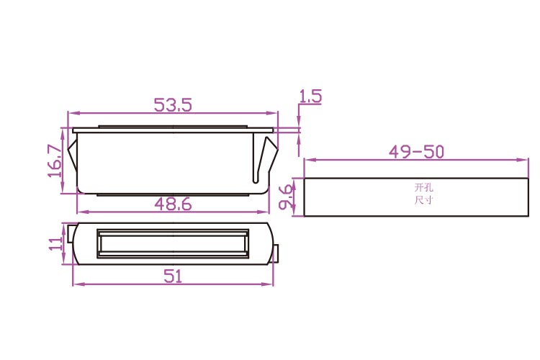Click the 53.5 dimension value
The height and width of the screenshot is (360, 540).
click(172, 104)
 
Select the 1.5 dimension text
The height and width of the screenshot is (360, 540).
click(310, 96)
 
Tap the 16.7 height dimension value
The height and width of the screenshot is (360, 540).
click(55, 161)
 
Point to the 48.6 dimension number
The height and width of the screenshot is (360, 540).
click(173, 204)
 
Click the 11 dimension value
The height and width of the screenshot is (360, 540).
click(56, 243)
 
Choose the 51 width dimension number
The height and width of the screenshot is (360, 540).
click(173, 276)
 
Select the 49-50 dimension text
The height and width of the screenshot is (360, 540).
click(416, 152)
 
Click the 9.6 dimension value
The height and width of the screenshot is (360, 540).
click(286, 197)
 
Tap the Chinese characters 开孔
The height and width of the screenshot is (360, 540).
click(423, 188)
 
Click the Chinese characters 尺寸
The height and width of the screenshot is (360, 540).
click(423, 200)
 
